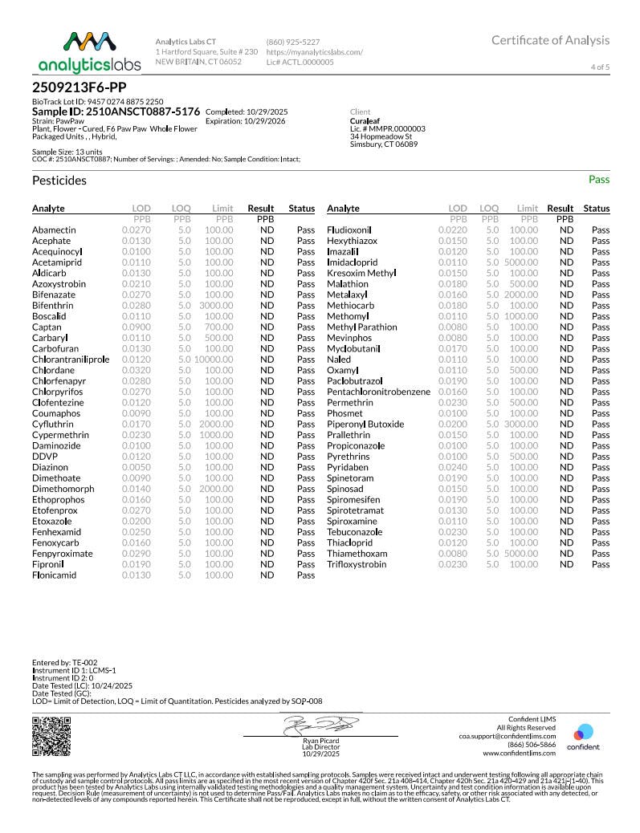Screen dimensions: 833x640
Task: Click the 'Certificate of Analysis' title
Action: [x=550, y=40]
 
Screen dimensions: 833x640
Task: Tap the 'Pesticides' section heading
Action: [x=59, y=181]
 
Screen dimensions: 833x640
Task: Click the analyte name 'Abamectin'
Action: [x=54, y=230]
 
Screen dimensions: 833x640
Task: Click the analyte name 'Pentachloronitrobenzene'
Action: [x=378, y=392]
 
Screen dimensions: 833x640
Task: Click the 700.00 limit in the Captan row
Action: [x=218, y=327]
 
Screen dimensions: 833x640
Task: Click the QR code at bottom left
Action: [x=47, y=736]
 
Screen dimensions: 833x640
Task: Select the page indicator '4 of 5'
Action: [x=600, y=67]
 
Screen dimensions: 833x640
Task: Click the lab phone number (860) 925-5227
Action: [x=294, y=42]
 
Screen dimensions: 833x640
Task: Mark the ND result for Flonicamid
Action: [x=267, y=575]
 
